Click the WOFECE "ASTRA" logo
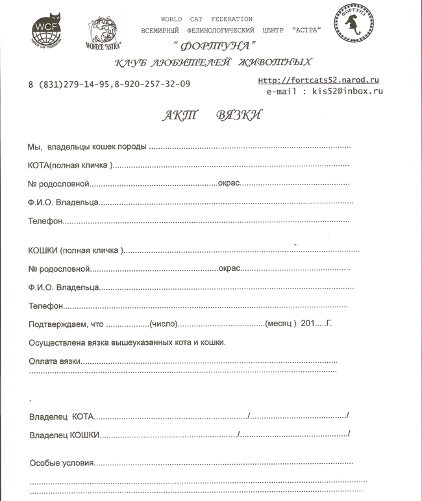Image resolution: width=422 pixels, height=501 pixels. click(x=103, y=32)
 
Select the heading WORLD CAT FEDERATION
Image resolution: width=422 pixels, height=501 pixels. click(x=206, y=19)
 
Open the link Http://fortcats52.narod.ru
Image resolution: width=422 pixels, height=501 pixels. click(x=318, y=80)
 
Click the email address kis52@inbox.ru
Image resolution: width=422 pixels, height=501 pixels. click(x=347, y=92)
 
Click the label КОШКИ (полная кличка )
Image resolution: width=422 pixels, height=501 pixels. click(x=76, y=250)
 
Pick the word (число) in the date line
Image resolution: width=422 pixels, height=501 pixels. click(x=164, y=324)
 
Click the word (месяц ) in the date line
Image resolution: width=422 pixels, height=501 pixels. click(x=281, y=324)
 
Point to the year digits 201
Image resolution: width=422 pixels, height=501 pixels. click(x=309, y=324)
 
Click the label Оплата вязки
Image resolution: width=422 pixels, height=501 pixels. click(x=55, y=361)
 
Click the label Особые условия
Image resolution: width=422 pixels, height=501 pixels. click(x=62, y=463)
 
